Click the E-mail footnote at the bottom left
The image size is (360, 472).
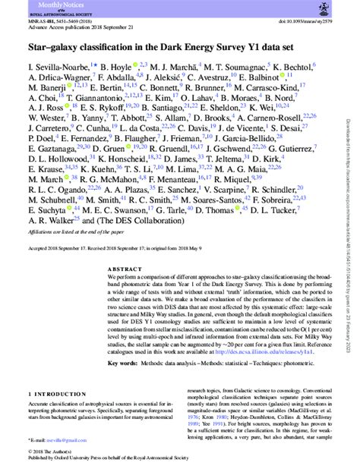pos(53,439)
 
